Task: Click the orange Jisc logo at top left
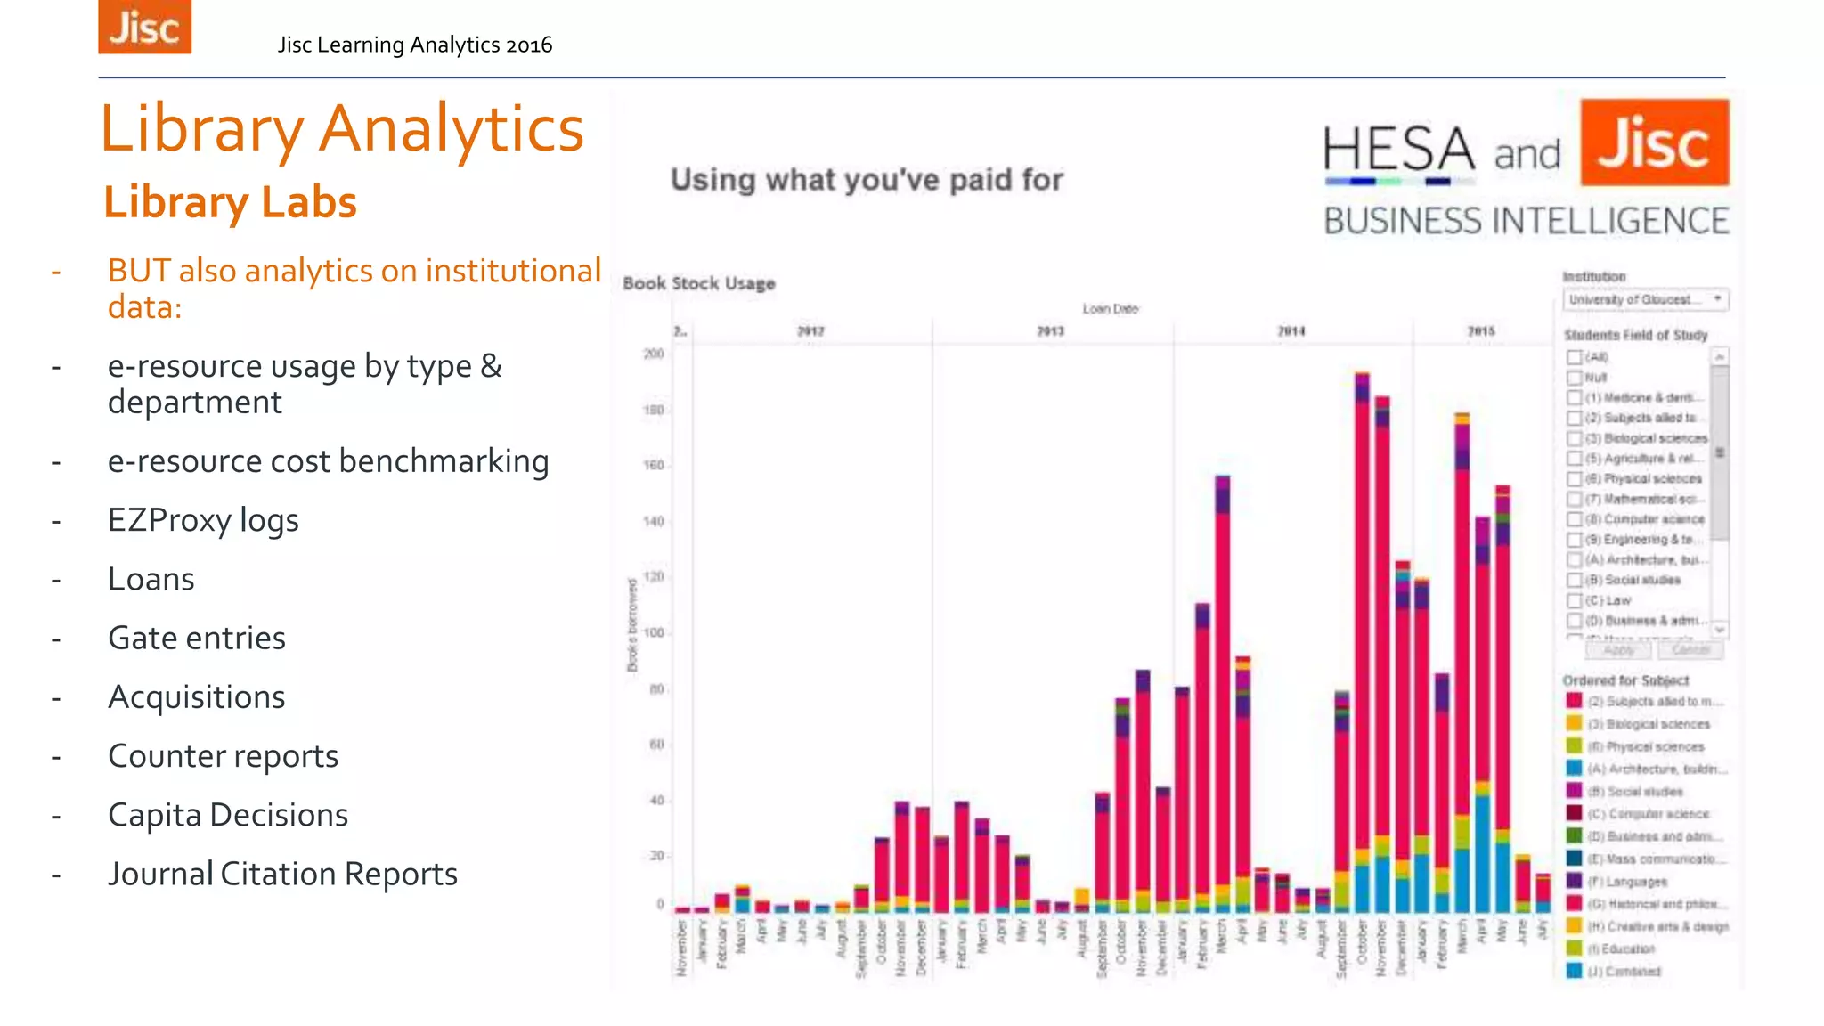coord(144,27)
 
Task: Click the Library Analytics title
coord(341,129)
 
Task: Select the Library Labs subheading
coord(230,202)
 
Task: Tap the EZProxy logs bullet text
coord(203,520)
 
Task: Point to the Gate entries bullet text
coord(197,638)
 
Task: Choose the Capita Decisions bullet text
coord(228,815)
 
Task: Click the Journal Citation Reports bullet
coord(282,874)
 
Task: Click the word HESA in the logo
coord(1398,149)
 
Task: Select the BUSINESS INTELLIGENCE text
coord(1526,221)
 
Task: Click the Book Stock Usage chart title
coord(699,283)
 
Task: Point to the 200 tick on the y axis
coord(654,354)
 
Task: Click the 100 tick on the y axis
coord(654,633)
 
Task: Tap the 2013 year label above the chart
coord(1051,331)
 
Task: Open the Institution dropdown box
coord(1645,299)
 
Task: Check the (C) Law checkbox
coord(1575,600)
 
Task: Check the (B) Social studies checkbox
coord(1575,580)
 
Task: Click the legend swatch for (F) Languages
coord(1574,881)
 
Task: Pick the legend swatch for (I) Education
coord(1574,949)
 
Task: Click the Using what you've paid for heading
coord(867,180)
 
